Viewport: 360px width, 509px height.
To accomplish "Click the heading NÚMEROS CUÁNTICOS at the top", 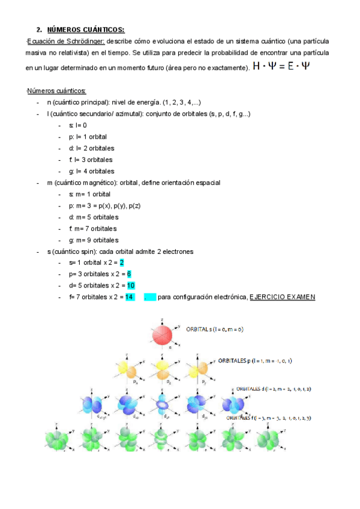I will [86, 29].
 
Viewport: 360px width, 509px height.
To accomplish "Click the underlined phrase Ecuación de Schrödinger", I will [67, 41].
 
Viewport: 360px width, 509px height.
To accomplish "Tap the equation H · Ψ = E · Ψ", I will [282, 67].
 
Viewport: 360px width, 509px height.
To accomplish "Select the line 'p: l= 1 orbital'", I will [88, 137].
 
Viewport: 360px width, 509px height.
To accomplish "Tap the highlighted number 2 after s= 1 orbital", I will [121, 263].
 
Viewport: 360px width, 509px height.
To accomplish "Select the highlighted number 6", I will [129, 274].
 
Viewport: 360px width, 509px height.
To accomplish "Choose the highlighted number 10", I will [130, 286].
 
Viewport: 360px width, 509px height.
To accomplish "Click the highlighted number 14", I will [129, 297].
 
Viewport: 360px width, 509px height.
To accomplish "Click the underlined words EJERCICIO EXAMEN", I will [282, 297].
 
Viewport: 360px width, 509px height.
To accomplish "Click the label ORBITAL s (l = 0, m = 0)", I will [215, 330].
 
